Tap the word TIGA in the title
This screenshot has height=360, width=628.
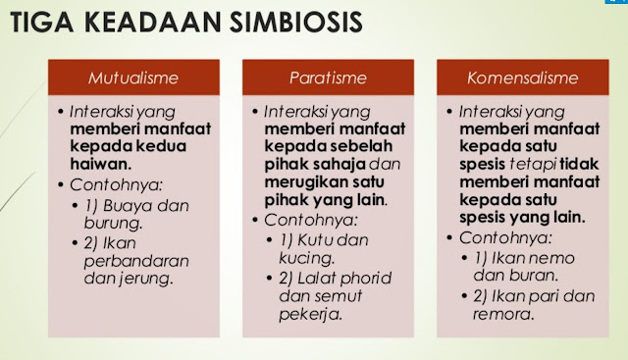coord(46,22)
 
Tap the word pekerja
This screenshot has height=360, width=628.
coord(315,316)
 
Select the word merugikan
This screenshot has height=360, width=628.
coord(307,181)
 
